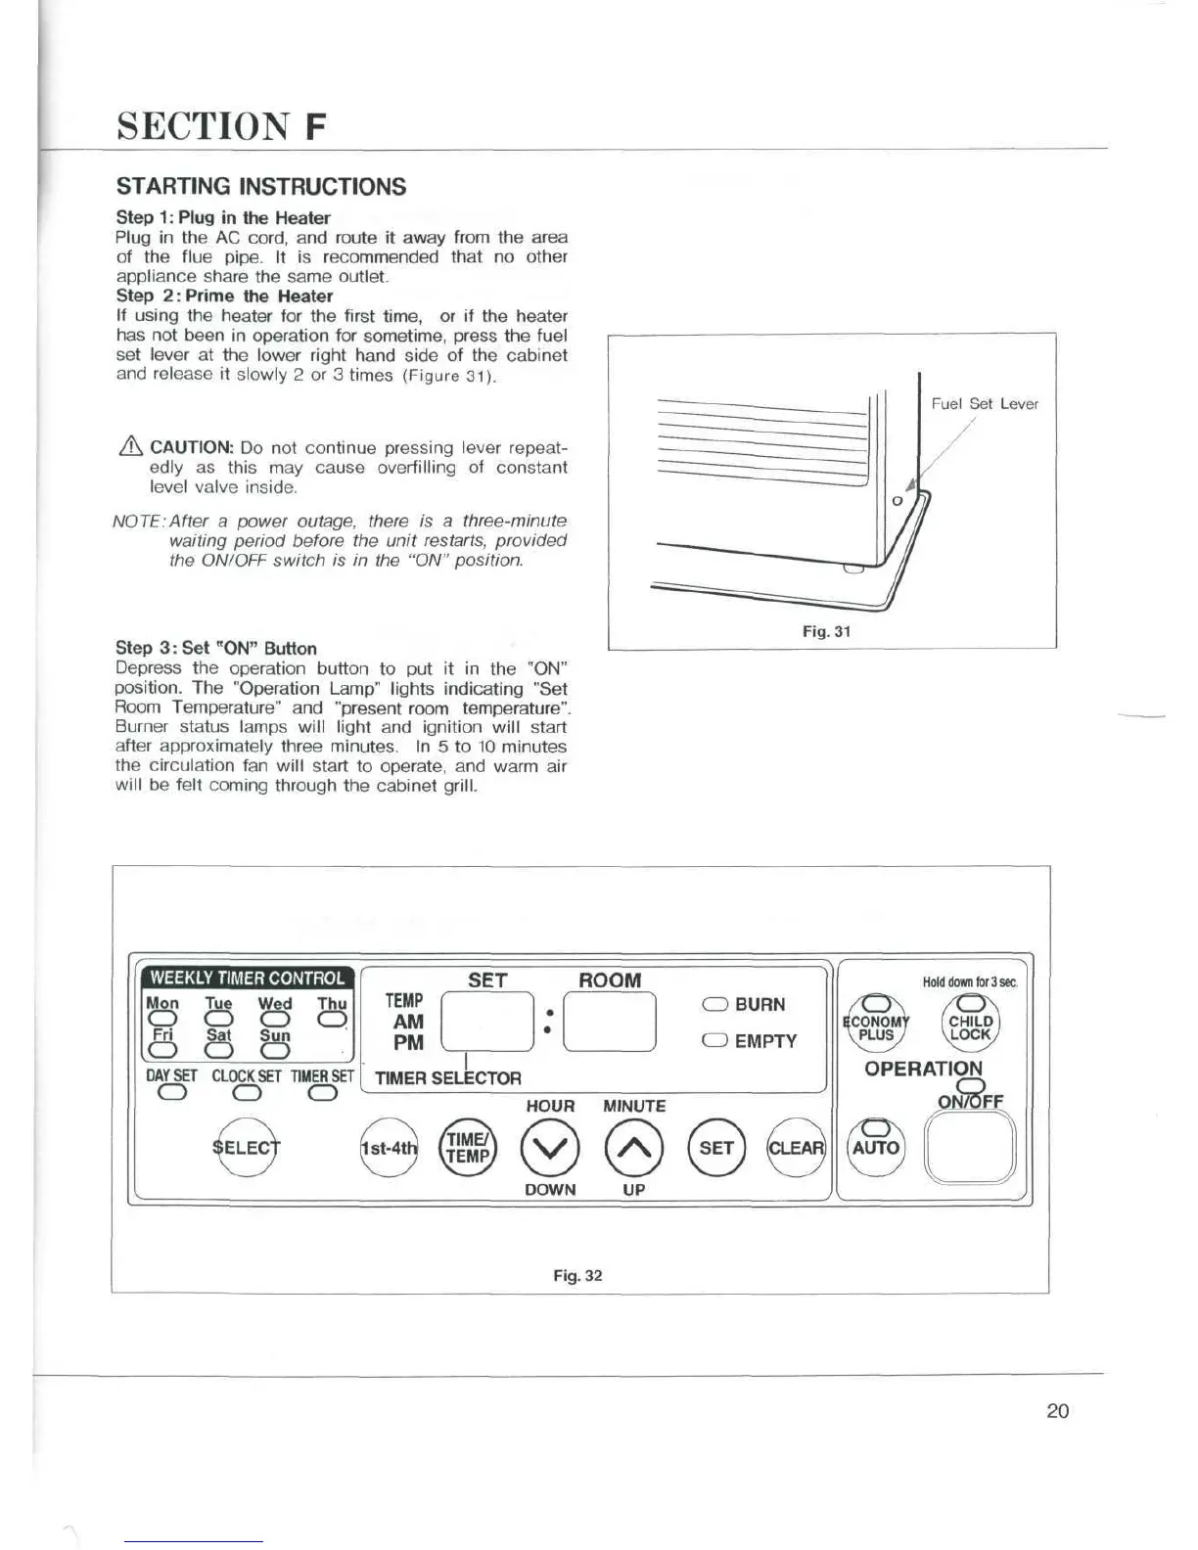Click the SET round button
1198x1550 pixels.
click(x=716, y=1148)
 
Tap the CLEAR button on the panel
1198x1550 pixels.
click(x=795, y=1148)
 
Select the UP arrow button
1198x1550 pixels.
click(x=634, y=1148)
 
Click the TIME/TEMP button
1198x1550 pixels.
click(x=469, y=1148)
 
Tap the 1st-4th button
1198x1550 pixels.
click(x=389, y=1148)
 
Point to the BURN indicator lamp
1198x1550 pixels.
click(x=714, y=1005)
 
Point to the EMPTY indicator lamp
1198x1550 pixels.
click(x=714, y=1041)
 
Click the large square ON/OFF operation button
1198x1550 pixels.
click(x=969, y=1149)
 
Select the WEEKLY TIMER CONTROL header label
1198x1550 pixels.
click(x=248, y=978)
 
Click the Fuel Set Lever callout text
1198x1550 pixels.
click(x=984, y=403)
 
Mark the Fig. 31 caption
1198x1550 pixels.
click(x=826, y=631)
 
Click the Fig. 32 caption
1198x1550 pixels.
click(x=577, y=1275)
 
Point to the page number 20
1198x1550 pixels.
click(x=1057, y=1410)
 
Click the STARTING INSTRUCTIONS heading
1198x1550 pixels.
click(x=260, y=186)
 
